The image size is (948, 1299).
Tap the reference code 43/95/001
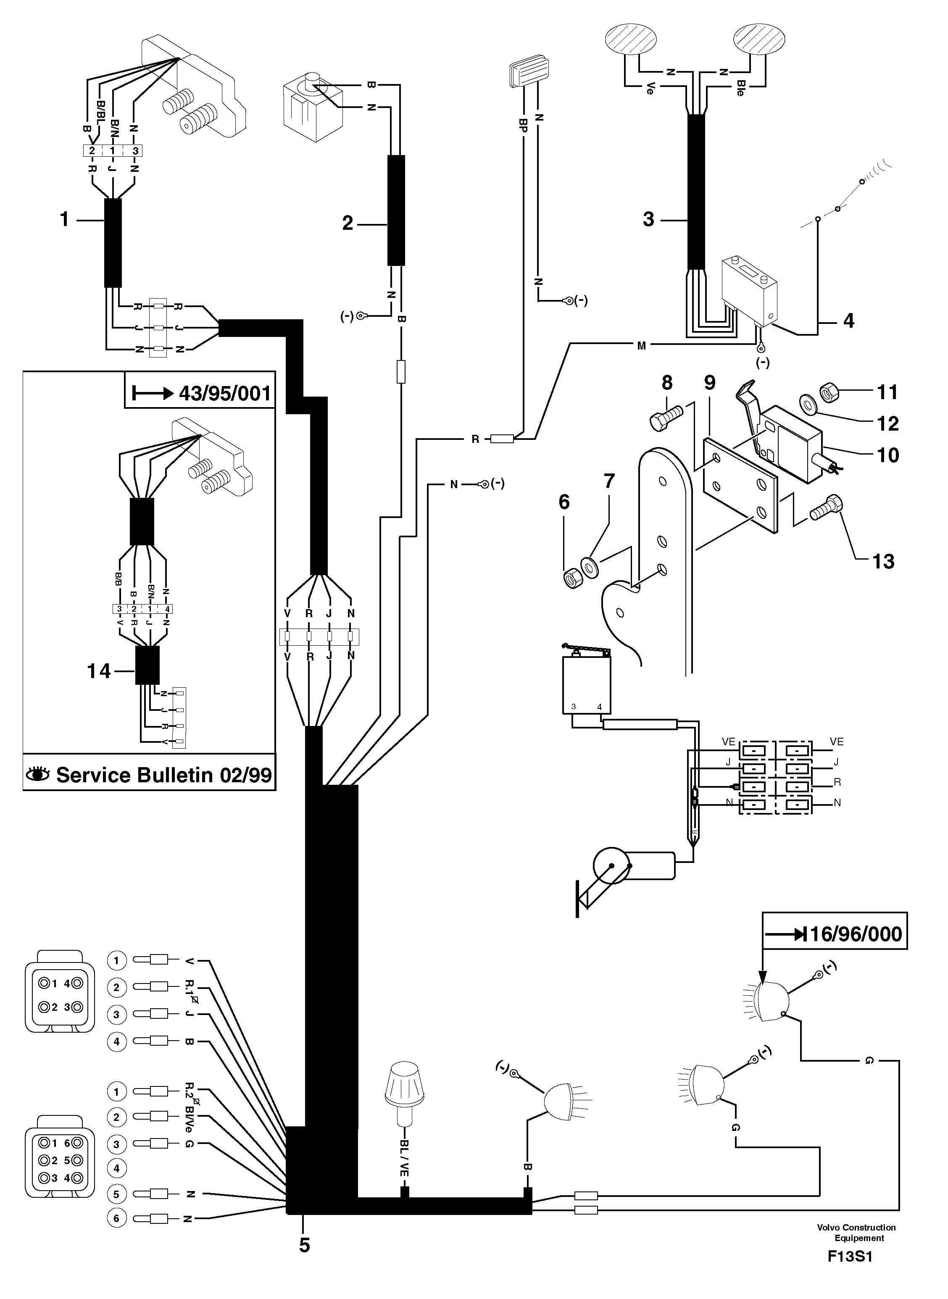(224, 393)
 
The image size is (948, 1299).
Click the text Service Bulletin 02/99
(163, 775)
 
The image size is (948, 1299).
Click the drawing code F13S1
(849, 1273)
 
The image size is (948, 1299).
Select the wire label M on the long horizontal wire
(642, 345)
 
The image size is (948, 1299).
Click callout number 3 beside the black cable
(648, 219)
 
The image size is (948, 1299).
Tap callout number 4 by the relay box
(848, 320)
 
